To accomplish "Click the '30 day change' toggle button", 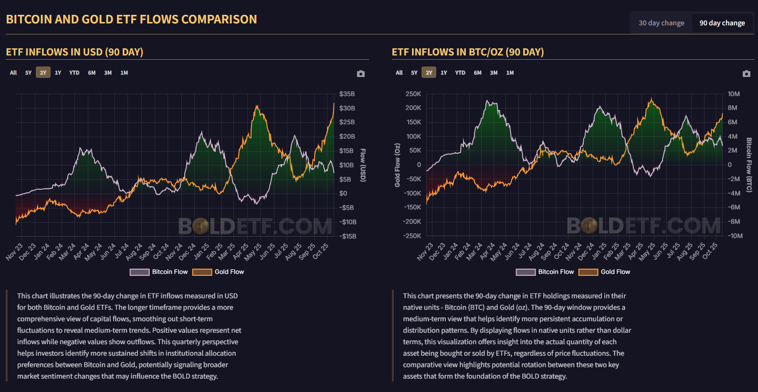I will [661, 23].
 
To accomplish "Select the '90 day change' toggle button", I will [722, 23].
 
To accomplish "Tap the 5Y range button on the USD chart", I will [29, 73].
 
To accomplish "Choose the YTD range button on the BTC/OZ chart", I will [460, 73].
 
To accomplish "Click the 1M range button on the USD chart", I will [124, 73].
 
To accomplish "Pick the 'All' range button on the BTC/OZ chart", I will [399, 73].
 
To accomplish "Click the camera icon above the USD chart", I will [361, 74].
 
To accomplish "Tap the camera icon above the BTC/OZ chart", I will [747, 74].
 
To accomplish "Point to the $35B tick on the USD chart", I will [347, 94].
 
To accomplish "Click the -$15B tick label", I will [348, 236].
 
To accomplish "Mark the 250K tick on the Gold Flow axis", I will [413, 94].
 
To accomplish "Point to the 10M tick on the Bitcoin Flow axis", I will [734, 94].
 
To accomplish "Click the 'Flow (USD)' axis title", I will [363, 165].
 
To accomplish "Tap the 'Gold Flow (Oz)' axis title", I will [397, 165].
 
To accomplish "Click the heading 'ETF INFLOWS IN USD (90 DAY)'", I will [74, 52].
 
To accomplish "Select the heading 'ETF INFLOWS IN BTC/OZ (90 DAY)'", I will [468, 52].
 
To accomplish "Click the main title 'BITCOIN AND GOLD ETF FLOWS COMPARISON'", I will [131, 20].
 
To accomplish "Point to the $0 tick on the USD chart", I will [343, 194].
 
